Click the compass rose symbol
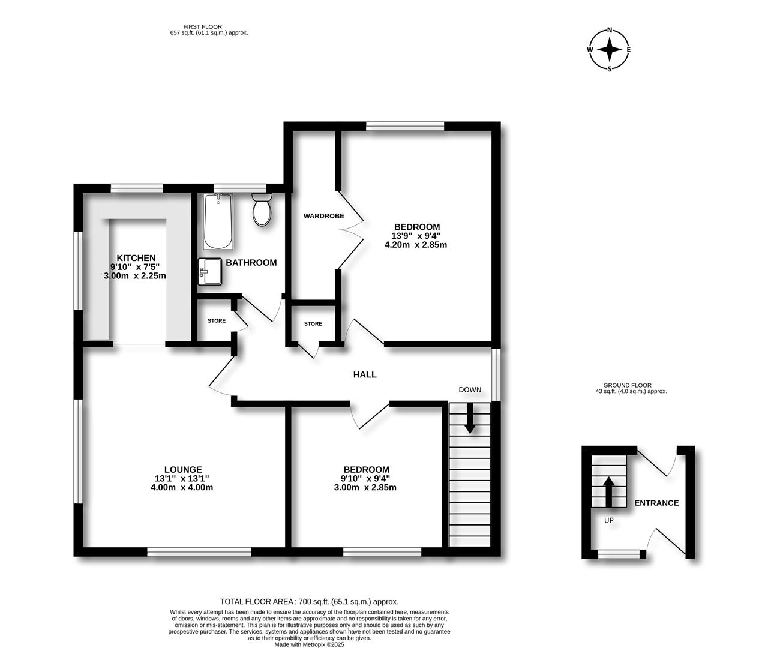click(610, 50)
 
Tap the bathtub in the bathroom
click(218, 221)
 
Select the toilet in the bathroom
click(262, 209)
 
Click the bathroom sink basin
click(209, 271)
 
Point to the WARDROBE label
click(323, 216)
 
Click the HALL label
click(365, 374)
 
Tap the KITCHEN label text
click(136, 258)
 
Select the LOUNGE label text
click(183, 469)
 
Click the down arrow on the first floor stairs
click(469, 418)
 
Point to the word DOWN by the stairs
click(470, 389)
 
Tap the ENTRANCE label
click(656, 503)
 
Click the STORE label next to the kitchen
click(217, 321)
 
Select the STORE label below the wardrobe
click(313, 324)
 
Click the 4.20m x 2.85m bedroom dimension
click(416, 245)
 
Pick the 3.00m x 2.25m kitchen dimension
click(135, 276)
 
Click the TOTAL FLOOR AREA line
click(309, 601)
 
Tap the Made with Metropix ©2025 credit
click(309, 644)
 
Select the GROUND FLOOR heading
click(627, 385)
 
